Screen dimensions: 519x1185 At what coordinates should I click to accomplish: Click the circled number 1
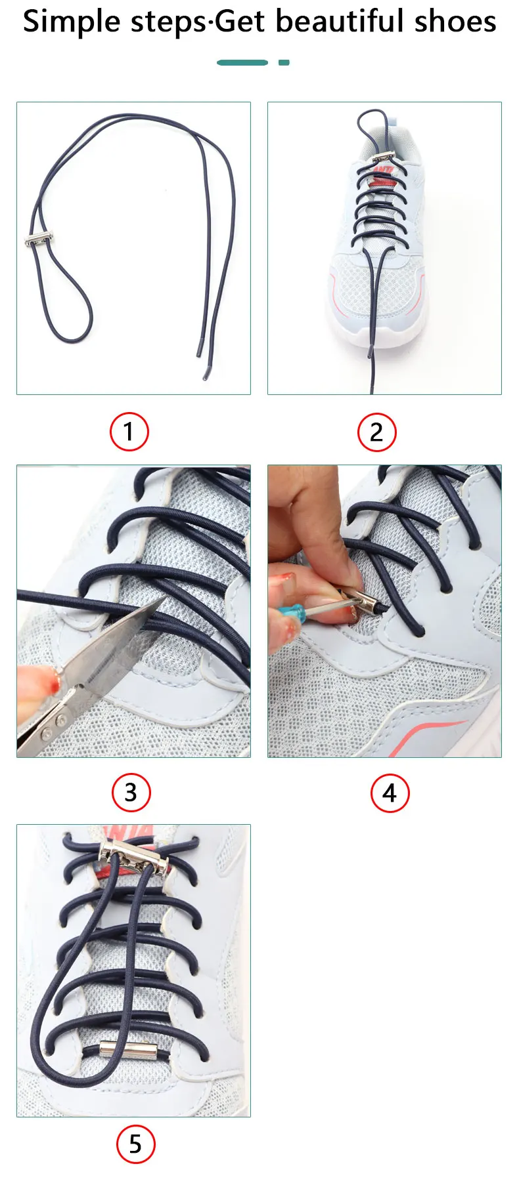(129, 432)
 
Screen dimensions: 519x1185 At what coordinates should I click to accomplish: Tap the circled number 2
(376, 432)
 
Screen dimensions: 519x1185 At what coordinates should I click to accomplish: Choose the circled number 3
(131, 792)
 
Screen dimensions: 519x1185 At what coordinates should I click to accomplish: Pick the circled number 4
(390, 793)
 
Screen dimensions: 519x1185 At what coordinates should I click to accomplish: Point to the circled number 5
(135, 1144)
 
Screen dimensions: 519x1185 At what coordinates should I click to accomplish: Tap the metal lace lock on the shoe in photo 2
(382, 157)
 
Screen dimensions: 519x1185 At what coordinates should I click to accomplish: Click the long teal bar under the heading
(242, 62)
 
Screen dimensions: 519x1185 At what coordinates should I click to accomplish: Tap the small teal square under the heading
(284, 62)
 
